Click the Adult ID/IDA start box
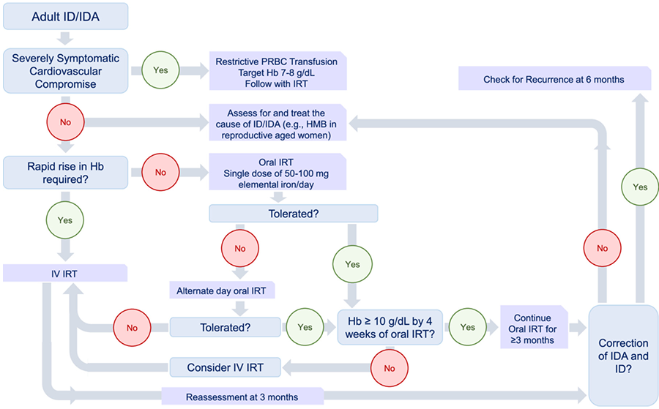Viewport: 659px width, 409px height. pyautogui.click(x=65, y=17)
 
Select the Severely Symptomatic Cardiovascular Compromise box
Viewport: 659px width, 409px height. pyautogui.click(x=65, y=71)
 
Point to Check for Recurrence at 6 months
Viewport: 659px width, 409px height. pyautogui.click(x=554, y=79)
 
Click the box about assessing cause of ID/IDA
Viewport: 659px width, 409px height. pyautogui.click(x=278, y=124)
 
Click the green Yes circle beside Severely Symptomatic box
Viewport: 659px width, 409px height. pyautogui.click(x=160, y=71)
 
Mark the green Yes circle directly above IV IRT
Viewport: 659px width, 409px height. pyautogui.click(x=65, y=219)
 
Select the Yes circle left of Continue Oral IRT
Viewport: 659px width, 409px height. pyautogui.click(x=467, y=327)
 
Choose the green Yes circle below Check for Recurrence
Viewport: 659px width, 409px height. pyautogui.click(x=640, y=187)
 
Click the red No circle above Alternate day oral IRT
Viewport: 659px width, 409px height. pyautogui.click(x=239, y=249)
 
